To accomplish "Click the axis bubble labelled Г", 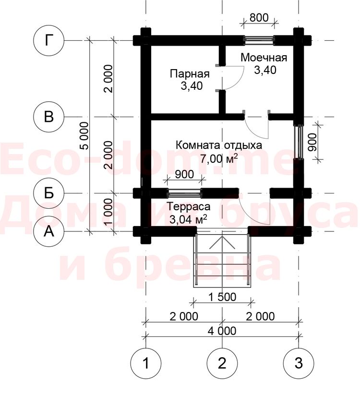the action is (49, 40).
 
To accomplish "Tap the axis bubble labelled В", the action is (49, 117).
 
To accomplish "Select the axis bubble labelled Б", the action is (49, 193).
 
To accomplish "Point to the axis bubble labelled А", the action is (49, 231).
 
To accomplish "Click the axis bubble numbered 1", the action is (146, 363).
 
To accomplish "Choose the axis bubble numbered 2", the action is (222, 363).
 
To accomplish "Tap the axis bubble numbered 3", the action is (299, 363).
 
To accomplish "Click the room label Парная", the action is (190, 74).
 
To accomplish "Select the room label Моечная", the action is (264, 58).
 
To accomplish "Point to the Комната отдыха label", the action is (218, 145).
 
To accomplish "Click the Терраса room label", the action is (189, 206).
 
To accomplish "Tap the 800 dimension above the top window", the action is (259, 18).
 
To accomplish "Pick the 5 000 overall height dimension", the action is (85, 136).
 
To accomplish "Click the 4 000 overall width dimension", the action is (222, 331).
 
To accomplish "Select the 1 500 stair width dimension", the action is (222, 297).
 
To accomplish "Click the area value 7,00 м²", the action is (219, 158).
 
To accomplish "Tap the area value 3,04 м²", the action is (188, 219).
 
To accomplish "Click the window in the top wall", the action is (259, 40).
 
